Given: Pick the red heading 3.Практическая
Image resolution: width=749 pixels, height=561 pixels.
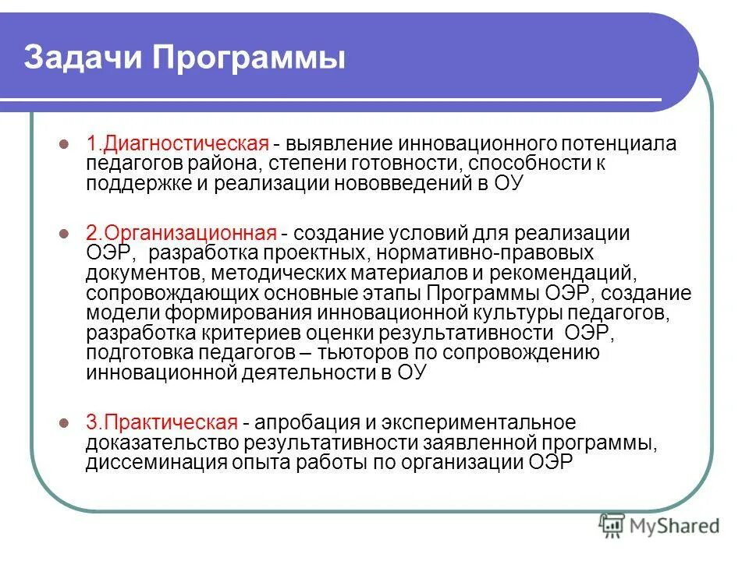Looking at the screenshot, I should pos(161,423).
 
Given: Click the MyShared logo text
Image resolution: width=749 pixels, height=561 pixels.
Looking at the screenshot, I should pos(676,527).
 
